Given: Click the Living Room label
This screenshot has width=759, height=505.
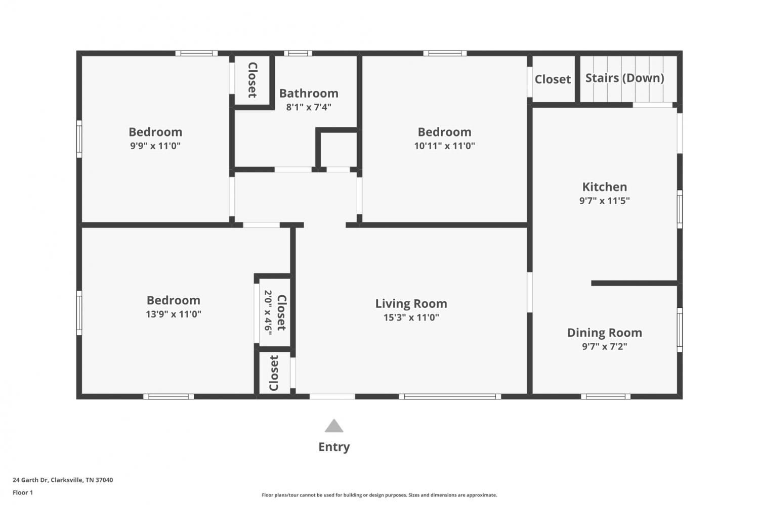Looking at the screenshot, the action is (x=411, y=304).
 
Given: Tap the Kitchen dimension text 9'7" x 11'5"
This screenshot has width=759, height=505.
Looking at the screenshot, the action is (x=605, y=201).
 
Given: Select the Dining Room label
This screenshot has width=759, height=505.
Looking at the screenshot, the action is (x=605, y=333).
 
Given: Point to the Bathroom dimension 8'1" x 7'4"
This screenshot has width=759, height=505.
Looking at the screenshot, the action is (x=308, y=107).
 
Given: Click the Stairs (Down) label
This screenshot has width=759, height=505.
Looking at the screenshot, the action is (x=624, y=78).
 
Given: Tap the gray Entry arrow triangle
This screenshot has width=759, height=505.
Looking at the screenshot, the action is (x=334, y=426).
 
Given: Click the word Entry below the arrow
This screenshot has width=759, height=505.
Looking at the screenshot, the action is (x=334, y=447).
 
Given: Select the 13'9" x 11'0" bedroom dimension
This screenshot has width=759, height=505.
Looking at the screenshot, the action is (x=174, y=314).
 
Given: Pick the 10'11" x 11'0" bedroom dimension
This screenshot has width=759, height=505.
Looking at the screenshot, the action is (x=445, y=146).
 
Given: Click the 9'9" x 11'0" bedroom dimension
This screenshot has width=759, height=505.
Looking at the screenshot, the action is (x=155, y=146).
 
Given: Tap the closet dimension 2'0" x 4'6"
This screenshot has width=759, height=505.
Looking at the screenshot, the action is (x=268, y=312).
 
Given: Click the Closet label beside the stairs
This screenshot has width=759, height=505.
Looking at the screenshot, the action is (x=553, y=79).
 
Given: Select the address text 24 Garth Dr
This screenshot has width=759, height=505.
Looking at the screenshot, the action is (x=30, y=480).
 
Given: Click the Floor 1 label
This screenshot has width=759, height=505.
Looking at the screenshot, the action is (x=23, y=492).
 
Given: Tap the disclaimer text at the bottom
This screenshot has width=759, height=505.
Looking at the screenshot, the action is (x=379, y=495).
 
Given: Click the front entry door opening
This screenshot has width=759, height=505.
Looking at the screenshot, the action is (x=332, y=396).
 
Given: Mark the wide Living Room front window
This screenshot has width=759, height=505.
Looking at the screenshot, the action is (x=450, y=396).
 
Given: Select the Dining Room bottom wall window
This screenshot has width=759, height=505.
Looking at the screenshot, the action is (x=606, y=396).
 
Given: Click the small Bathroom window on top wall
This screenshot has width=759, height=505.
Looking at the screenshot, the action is (x=298, y=53).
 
